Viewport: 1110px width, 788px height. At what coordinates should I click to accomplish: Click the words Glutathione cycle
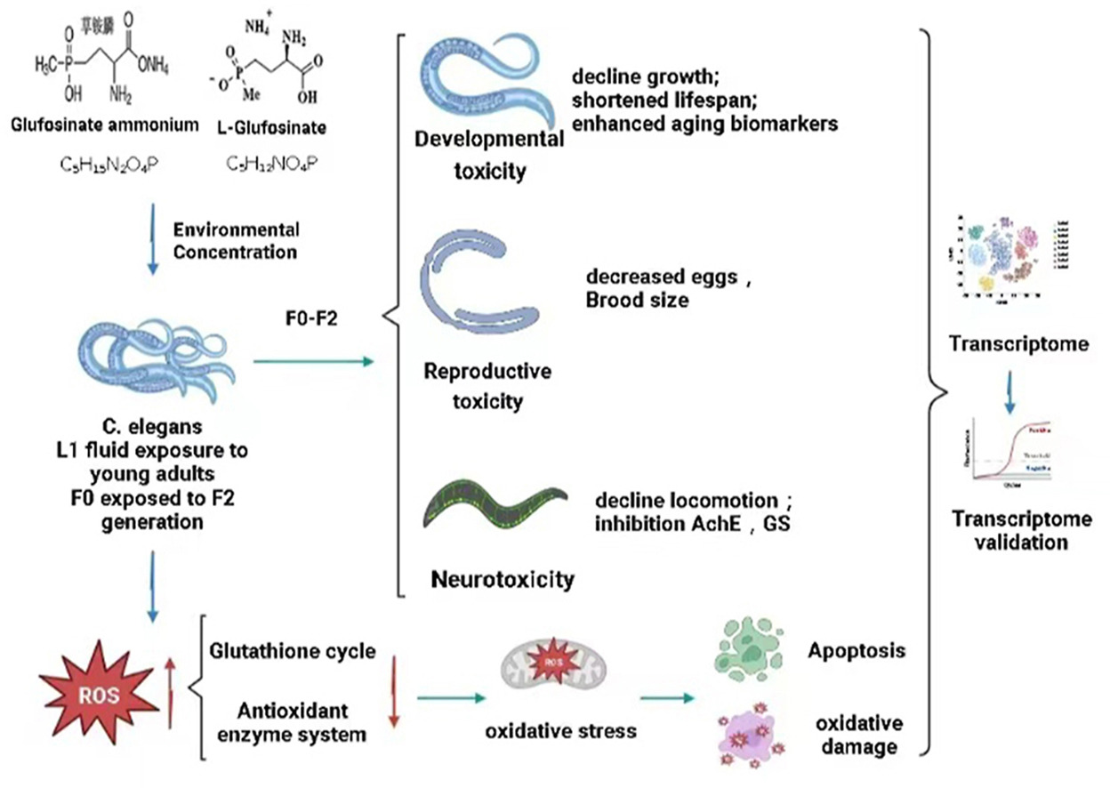[292, 652]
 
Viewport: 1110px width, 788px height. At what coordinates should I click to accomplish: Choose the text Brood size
[636, 301]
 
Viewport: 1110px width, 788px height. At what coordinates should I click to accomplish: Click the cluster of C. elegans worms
[151, 361]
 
